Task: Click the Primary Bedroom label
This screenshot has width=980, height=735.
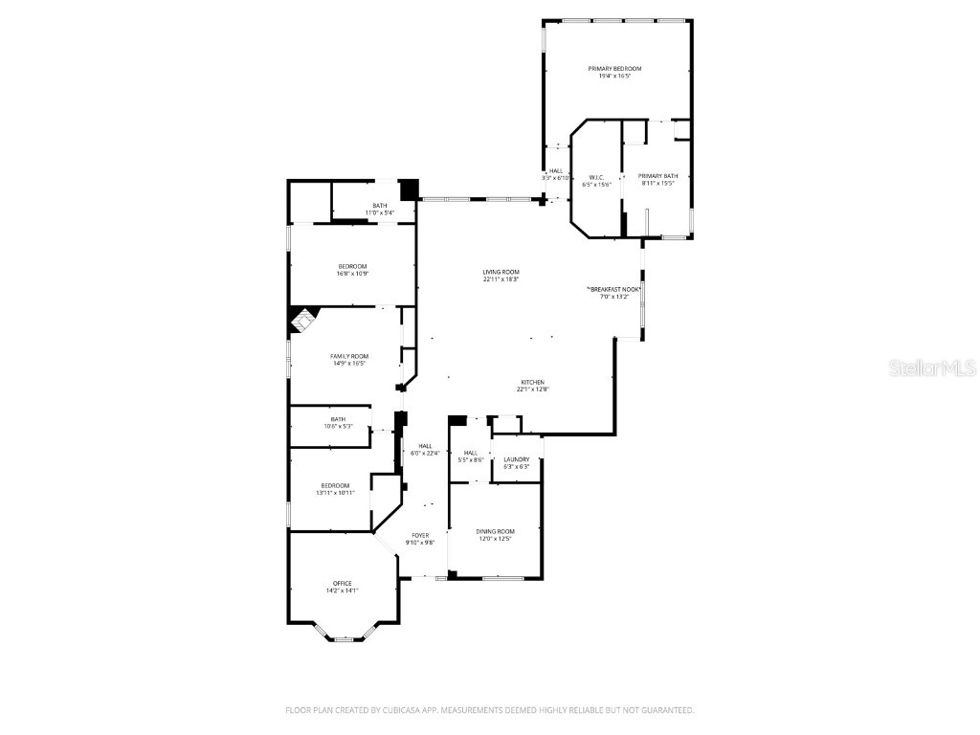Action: [x=614, y=69]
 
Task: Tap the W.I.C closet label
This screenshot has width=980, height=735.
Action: [x=595, y=177]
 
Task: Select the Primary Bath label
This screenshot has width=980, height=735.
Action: [x=657, y=176]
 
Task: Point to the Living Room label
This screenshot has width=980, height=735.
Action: [x=501, y=273]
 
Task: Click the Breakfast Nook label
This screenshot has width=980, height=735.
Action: [x=613, y=289]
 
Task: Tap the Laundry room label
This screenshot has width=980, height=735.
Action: [x=516, y=459]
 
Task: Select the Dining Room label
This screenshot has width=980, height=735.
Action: [x=496, y=531]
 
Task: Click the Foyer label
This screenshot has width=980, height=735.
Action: [x=420, y=535]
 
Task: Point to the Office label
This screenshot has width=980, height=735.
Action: [x=342, y=583]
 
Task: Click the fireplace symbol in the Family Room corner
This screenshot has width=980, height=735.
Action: [x=301, y=320]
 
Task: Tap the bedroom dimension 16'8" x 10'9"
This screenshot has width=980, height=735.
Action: [x=352, y=274]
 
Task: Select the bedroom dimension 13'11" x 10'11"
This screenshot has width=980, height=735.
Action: [x=335, y=493]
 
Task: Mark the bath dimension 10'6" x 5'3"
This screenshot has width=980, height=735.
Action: [x=338, y=426]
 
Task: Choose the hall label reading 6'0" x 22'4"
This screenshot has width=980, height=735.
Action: [x=425, y=453]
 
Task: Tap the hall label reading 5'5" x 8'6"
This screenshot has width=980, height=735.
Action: [x=471, y=460]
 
